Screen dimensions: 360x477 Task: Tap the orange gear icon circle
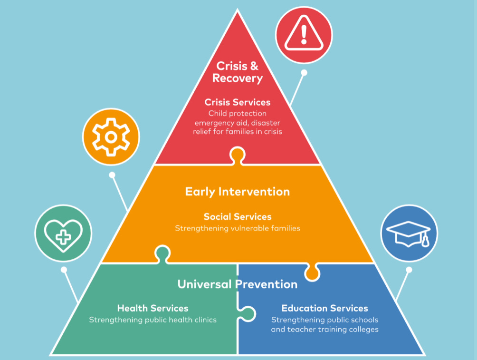click(x=111, y=137)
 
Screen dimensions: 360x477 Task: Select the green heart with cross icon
click(x=63, y=234)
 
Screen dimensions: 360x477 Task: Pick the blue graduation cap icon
click(x=409, y=233)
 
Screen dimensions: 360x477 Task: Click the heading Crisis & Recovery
click(x=238, y=72)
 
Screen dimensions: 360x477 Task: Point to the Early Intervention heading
click(x=237, y=192)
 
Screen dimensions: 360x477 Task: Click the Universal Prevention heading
click(x=237, y=284)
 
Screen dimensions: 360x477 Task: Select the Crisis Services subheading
click(x=238, y=102)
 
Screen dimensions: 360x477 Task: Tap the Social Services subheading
click(x=238, y=217)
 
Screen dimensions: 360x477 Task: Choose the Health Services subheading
click(x=153, y=309)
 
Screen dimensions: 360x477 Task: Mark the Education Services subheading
click(x=324, y=309)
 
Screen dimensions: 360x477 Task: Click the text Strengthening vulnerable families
click(x=238, y=228)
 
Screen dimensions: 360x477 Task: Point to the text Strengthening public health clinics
click(x=153, y=320)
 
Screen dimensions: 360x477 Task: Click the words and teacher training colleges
click(x=324, y=329)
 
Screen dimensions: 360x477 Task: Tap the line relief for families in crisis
click(x=238, y=131)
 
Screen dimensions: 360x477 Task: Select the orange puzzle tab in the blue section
click(x=312, y=272)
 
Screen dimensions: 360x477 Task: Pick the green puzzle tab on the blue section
click(x=247, y=314)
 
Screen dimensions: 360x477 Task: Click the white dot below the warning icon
click(x=304, y=73)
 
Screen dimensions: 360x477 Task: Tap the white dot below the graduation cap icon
click(x=409, y=270)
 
